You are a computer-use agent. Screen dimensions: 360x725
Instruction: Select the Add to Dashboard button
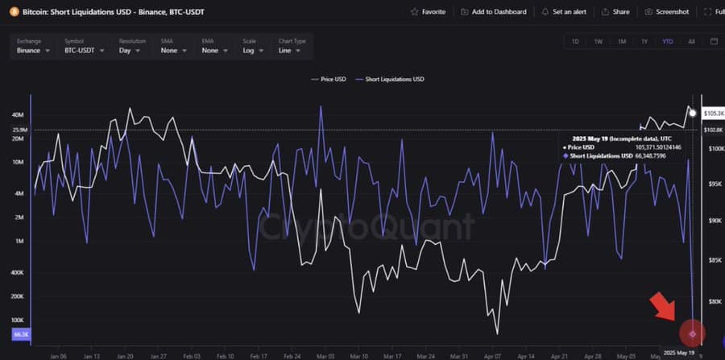495,12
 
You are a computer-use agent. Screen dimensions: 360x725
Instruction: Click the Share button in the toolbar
615,12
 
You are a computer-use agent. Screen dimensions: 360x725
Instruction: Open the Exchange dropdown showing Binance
33,50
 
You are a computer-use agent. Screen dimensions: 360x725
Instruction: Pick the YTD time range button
668,41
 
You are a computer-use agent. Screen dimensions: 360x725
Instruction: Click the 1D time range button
575,41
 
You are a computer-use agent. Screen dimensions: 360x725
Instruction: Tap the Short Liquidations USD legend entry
392,79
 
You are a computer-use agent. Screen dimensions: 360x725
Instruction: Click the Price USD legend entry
329,79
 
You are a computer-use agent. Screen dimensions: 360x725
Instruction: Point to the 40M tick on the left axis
18,115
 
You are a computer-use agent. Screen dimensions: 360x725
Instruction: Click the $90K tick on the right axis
714,221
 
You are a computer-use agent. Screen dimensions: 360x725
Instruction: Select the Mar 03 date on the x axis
325,354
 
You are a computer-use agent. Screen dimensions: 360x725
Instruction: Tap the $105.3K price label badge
713,114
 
